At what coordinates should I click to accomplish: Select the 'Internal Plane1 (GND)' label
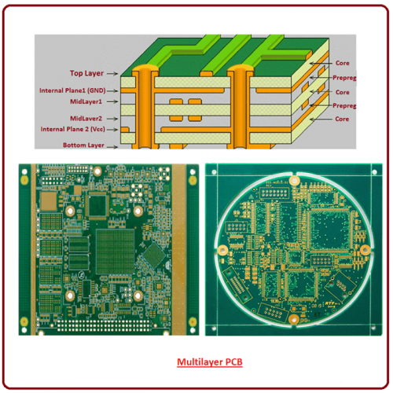(x=71, y=90)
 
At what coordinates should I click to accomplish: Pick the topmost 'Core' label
(x=342, y=61)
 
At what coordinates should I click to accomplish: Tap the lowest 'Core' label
(x=342, y=119)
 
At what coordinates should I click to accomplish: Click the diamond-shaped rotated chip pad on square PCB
(x=152, y=253)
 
